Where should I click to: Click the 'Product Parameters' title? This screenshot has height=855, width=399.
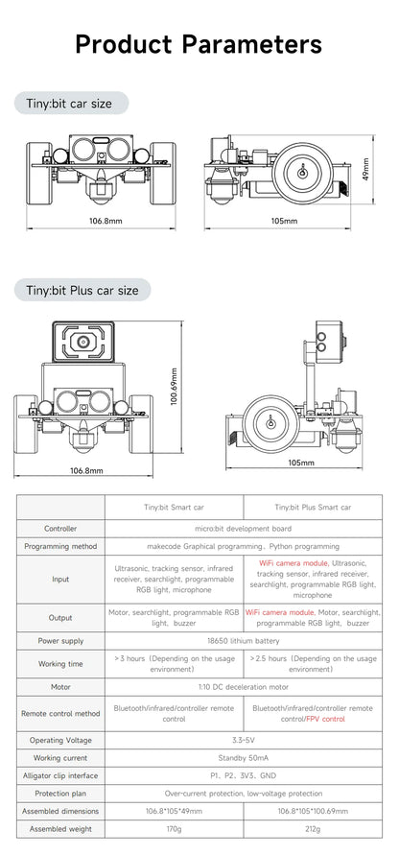pos(199,44)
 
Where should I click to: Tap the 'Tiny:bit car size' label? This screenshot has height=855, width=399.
pos(69,103)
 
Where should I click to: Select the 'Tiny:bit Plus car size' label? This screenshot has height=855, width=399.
pos(82,290)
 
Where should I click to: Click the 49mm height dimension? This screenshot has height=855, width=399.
pos(365,169)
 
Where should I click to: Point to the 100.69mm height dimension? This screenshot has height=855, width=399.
pos(174,386)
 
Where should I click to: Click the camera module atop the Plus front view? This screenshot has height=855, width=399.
pos(82,342)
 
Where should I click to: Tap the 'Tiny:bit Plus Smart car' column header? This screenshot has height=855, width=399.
pos(313,507)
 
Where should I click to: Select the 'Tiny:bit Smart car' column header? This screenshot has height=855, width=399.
pos(175,507)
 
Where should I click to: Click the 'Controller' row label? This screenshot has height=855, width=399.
pos(60,529)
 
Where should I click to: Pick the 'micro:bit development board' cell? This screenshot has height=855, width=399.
pos(243,529)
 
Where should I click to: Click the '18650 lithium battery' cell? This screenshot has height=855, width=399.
pos(243,641)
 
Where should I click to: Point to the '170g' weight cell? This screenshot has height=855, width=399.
pos(174,829)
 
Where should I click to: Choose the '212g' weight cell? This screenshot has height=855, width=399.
pos(313,829)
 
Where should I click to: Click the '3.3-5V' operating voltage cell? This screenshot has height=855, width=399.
pos(243,740)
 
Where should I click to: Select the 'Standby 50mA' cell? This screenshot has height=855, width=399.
pos(243,758)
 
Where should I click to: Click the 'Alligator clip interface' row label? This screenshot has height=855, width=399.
pos(60,775)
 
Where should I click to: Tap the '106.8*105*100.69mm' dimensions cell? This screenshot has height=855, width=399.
pos(313,811)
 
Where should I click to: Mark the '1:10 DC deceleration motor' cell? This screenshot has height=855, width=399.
pos(243,687)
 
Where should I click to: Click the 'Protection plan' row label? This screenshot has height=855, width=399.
pos(60,794)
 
